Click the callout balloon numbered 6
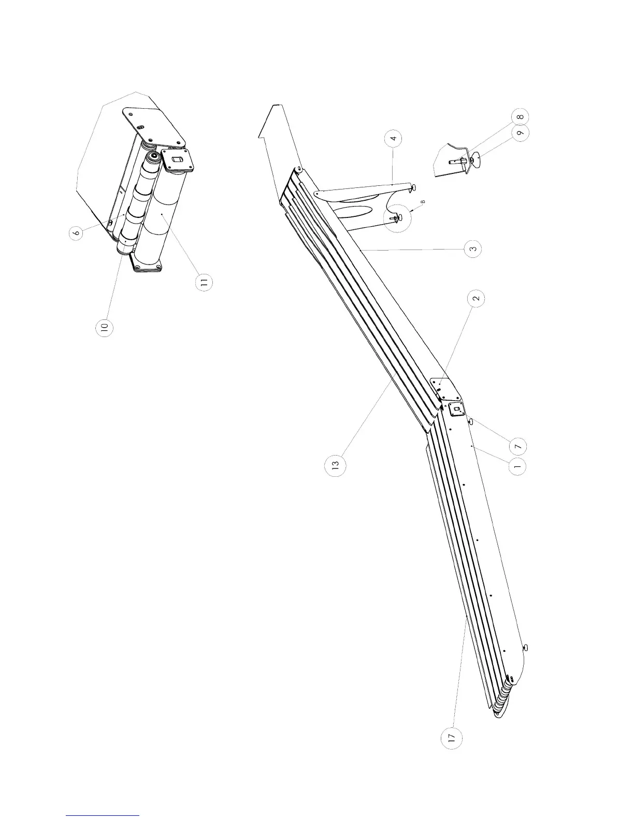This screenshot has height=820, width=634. [x=77, y=233]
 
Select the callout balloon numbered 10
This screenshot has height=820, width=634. [x=105, y=328]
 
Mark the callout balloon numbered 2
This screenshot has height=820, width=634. [x=476, y=298]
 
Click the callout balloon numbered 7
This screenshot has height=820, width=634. [x=518, y=445]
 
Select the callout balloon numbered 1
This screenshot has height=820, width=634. [x=517, y=466]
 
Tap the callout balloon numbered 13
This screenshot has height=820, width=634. [x=335, y=465]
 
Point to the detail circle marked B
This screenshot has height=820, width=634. [x=397, y=218]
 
